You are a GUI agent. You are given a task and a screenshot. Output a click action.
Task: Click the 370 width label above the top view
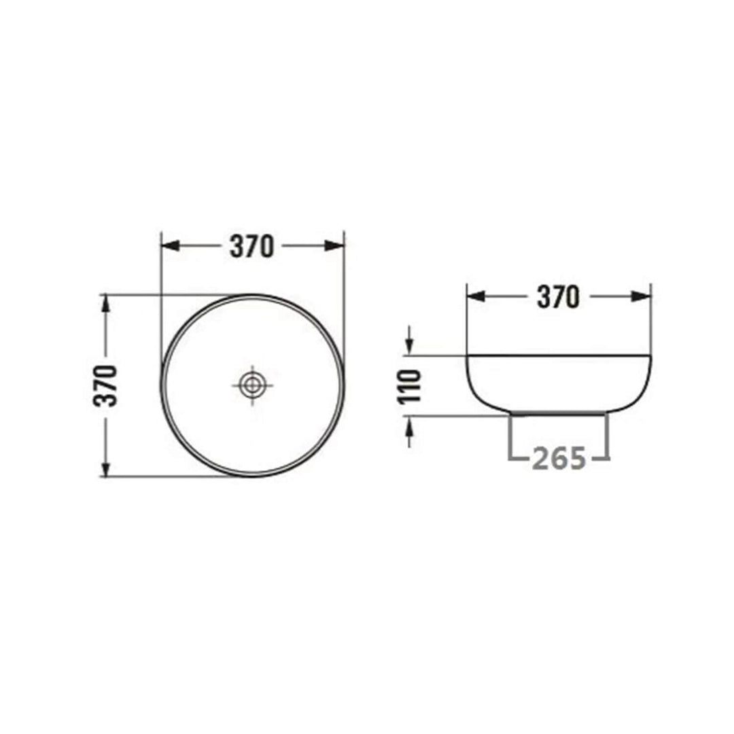251,246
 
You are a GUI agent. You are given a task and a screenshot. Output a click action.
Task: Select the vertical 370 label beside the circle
107,385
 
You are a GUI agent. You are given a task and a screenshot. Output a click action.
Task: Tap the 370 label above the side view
558,296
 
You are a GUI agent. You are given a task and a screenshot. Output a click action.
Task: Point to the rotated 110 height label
410,385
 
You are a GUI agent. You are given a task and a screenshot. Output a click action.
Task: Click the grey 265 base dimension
559,459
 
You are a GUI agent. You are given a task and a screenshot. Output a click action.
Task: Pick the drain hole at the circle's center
252,385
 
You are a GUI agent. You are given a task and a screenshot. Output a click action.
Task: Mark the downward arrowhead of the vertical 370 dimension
105,468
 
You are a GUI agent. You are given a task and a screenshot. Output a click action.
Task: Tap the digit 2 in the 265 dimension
540,459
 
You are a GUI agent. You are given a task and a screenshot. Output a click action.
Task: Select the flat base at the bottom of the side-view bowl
559,413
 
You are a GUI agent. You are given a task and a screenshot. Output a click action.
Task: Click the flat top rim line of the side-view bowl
559,355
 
